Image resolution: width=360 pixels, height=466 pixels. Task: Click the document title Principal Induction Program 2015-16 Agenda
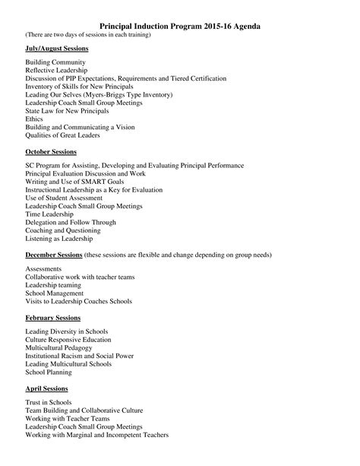click(180, 26)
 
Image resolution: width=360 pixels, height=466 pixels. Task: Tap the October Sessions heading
click(50, 152)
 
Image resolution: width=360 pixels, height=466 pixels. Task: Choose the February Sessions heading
click(52, 317)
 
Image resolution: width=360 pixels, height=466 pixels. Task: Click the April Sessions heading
click(46, 388)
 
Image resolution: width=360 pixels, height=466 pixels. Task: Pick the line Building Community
click(55, 62)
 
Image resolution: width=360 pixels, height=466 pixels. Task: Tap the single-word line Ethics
click(34, 119)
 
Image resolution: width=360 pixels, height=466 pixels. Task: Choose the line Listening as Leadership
click(63, 239)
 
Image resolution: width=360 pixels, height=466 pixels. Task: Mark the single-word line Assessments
click(45, 269)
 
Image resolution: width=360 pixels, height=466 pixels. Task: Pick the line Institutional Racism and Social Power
click(80, 356)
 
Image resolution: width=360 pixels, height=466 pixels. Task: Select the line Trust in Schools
click(49, 402)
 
